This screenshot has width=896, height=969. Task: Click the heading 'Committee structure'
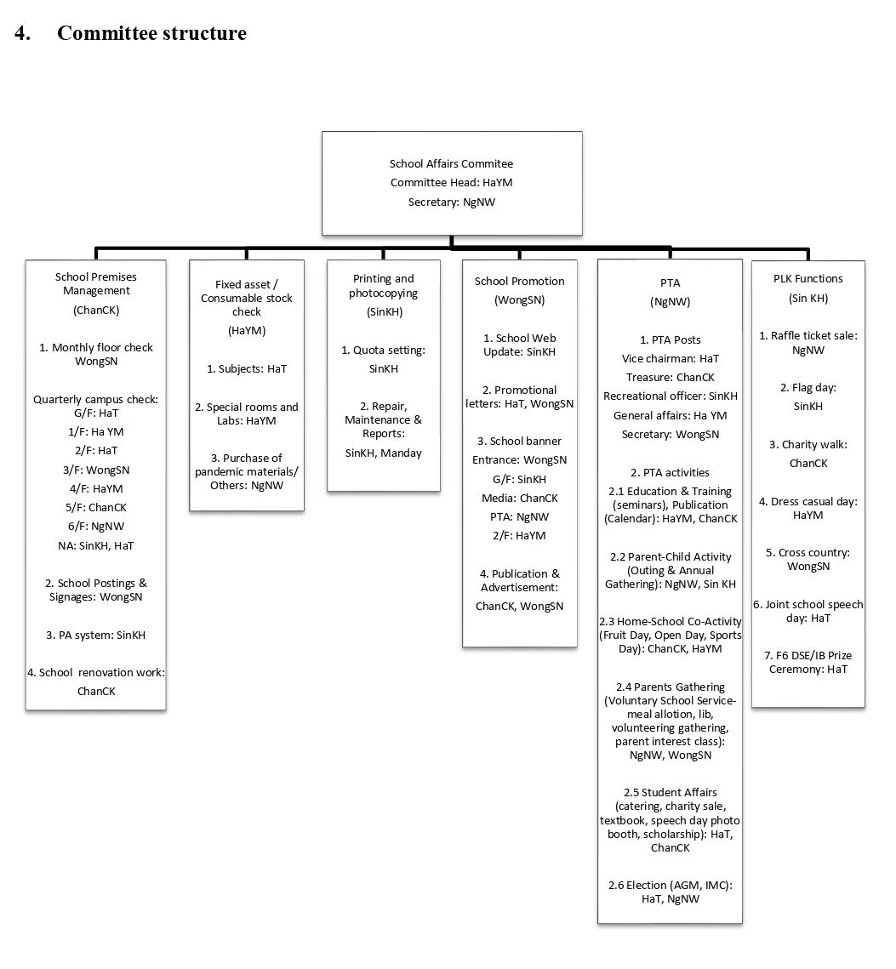[x=151, y=32]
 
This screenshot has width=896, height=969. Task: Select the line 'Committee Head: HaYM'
[x=451, y=182]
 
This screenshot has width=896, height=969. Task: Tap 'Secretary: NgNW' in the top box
[x=451, y=202]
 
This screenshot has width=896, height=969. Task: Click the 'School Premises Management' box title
[x=96, y=283]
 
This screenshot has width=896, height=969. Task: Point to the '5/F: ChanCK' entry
[x=96, y=507]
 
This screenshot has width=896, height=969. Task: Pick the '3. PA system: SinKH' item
[x=96, y=636]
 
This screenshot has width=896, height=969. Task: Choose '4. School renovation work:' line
[x=96, y=672]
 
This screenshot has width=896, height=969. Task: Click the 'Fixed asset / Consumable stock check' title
[x=247, y=298]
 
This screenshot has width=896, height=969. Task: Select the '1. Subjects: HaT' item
[x=247, y=369]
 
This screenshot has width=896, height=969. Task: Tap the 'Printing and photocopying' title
[x=383, y=286]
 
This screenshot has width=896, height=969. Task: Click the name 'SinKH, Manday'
[x=383, y=453]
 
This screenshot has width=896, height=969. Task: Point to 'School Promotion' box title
[x=519, y=282]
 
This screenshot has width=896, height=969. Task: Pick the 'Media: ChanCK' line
[x=519, y=498]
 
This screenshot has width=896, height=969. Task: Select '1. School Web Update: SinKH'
[x=519, y=345]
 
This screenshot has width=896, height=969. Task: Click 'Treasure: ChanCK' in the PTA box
[x=670, y=378]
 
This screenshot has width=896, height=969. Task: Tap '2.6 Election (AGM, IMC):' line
[x=670, y=886]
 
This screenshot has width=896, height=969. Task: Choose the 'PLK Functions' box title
[x=808, y=279]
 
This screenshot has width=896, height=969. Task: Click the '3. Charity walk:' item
[x=808, y=445]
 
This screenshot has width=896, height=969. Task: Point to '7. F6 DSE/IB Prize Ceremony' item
[x=808, y=663]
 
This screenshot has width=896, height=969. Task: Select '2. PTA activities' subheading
[x=670, y=473]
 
